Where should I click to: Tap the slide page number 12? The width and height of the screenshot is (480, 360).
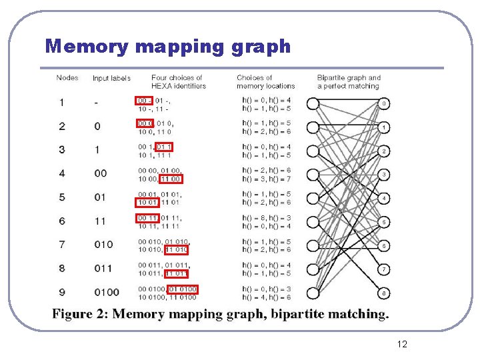pyautogui.click(x=402, y=344)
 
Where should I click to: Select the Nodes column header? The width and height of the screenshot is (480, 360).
pyautogui.click(x=67, y=78)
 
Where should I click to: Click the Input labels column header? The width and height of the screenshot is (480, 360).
pyautogui.click(x=111, y=79)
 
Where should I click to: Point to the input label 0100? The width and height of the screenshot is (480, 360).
pyautogui.click(x=107, y=292)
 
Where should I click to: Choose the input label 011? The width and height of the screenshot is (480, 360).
pyautogui.click(x=103, y=268)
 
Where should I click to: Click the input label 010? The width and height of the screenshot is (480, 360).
pyautogui.click(x=103, y=245)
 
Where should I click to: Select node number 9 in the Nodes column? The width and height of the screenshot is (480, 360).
pyautogui.click(x=62, y=292)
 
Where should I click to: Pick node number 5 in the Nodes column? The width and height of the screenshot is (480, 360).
pyautogui.click(x=62, y=197)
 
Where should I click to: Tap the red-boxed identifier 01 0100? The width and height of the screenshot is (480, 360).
pyautogui.click(x=183, y=289)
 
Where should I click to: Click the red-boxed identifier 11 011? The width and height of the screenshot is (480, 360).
pyautogui.click(x=177, y=273)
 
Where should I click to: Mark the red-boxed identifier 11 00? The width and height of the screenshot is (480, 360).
pyautogui.click(x=171, y=179)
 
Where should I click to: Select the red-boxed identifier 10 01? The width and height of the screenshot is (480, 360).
pyautogui.click(x=147, y=202)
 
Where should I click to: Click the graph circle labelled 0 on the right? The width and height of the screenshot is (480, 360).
pyautogui.click(x=384, y=103)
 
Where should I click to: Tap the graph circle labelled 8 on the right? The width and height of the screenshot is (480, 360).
pyautogui.click(x=384, y=293)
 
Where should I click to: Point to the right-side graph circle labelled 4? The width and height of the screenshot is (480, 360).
pyautogui.click(x=384, y=198)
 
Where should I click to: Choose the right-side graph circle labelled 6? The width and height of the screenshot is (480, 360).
pyautogui.click(x=384, y=245)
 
